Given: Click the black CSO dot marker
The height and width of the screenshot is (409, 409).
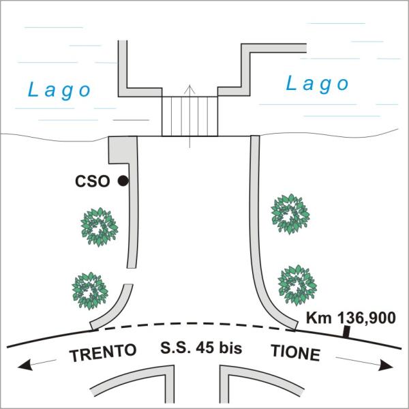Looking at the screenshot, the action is (123, 181).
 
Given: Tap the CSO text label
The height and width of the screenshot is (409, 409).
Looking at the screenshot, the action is (92, 181).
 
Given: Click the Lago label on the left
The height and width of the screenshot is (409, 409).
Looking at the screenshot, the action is (59, 91).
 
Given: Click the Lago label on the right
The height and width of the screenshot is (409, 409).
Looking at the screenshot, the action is (317, 85).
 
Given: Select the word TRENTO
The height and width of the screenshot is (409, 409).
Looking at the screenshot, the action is (103, 352).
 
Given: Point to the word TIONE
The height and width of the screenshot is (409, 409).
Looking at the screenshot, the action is (296, 352).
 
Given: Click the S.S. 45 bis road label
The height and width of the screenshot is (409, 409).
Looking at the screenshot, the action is (201, 348).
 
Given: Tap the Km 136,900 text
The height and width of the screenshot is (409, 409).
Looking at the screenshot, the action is (351, 318).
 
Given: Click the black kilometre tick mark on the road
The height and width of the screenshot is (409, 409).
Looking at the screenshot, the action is (346, 332).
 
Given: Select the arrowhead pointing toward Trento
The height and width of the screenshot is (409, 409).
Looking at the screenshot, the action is (25, 365).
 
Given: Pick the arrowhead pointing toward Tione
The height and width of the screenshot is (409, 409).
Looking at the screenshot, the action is (385, 365).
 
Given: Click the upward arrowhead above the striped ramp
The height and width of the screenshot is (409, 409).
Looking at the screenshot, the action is (190, 89).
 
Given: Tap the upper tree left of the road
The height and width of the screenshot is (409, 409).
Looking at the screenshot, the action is (100, 227).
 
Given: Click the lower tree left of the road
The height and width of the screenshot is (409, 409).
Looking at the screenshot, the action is (90, 290).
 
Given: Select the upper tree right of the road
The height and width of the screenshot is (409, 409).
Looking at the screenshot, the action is (290, 214).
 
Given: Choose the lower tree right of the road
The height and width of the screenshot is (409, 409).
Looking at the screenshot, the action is (297, 285).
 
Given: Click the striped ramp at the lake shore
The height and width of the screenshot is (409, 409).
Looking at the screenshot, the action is (190, 117).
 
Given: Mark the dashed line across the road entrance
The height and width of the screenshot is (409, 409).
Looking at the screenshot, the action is (194, 325).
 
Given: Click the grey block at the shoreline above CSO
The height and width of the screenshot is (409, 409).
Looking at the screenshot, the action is (123, 150).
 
